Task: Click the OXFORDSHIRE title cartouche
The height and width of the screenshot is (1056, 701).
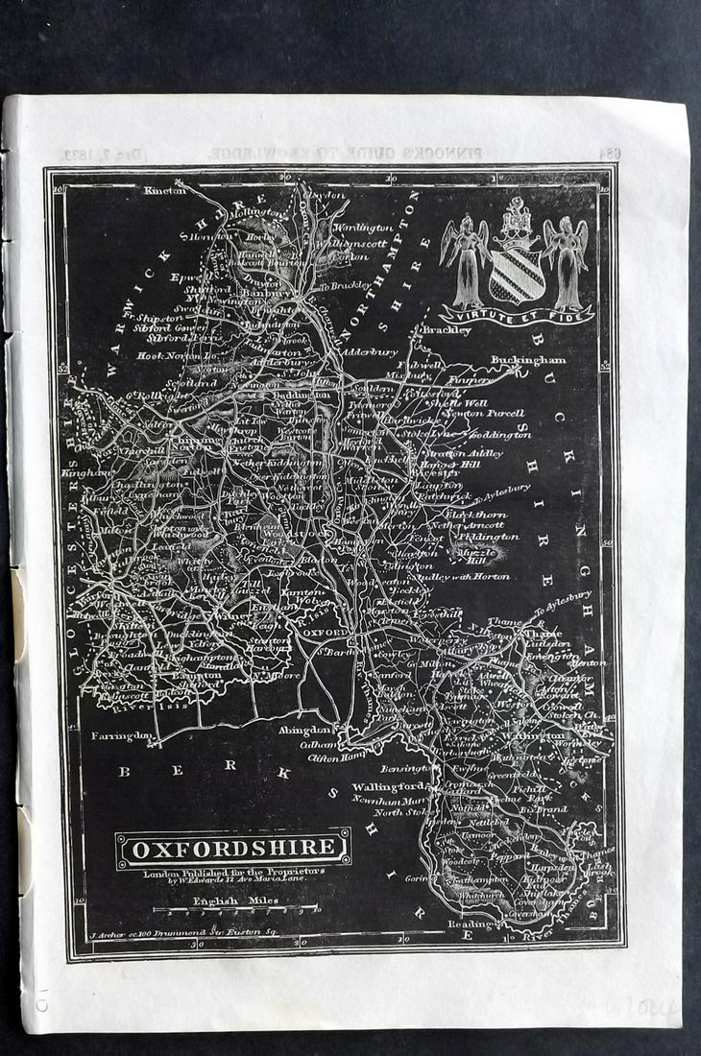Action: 233,848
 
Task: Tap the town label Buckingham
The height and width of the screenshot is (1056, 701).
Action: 528,360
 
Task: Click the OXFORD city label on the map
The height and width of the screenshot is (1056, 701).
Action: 325,634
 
